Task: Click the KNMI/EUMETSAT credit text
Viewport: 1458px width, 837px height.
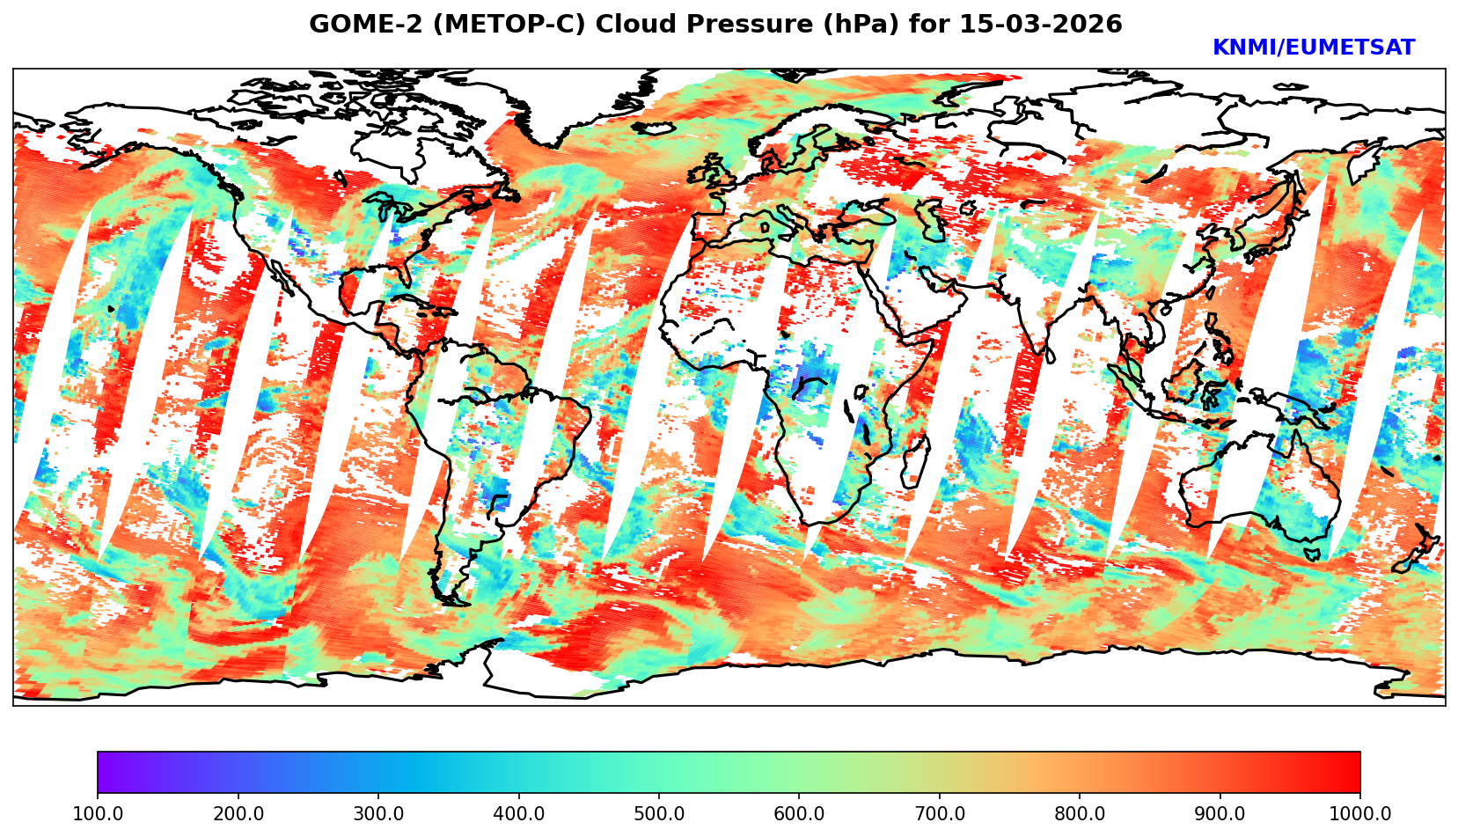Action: click(x=1313, y=48)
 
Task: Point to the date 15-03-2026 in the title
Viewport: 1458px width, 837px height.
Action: click(x=1041, y=25)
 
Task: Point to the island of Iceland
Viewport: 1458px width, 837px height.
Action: click(x=652, y=128)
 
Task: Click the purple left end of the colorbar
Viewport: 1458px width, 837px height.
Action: click(x=104, y=772)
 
